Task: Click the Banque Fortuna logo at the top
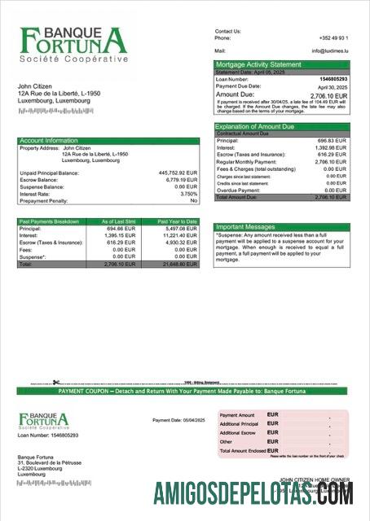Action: tap(73, 44)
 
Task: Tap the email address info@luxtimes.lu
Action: tap(329, 50)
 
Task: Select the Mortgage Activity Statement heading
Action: tap(258, 64)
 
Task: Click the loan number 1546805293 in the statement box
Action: tap(331, 78)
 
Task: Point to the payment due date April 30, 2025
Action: tap(332, 86)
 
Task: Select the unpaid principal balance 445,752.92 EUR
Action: tap(178, 173)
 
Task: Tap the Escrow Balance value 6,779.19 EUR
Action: tap(180, 180)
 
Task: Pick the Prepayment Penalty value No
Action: tap(193, 200)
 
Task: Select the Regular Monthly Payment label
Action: tap(248, 162)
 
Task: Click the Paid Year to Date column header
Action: tap(177, 221)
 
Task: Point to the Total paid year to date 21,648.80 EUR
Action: tap(179, 265)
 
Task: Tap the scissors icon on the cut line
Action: tap(56, 383)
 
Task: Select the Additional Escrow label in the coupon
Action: tap(238, 433)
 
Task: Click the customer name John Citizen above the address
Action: tap(37, 86)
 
